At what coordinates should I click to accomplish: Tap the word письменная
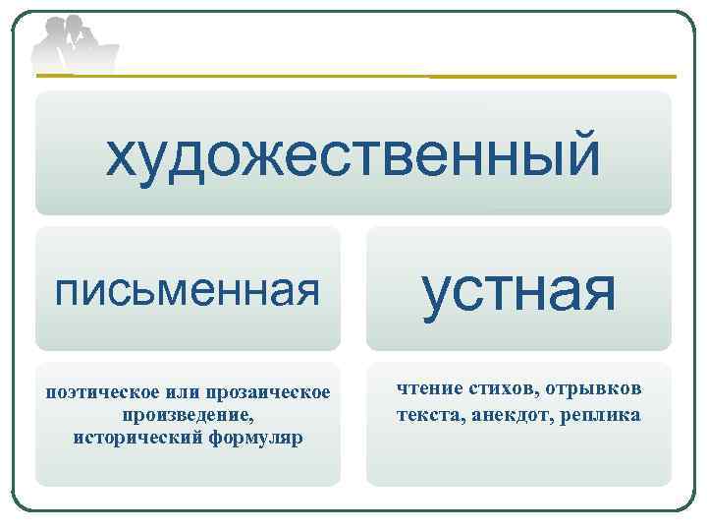pos(188,289)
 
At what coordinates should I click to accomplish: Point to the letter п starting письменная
pos(67,291)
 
